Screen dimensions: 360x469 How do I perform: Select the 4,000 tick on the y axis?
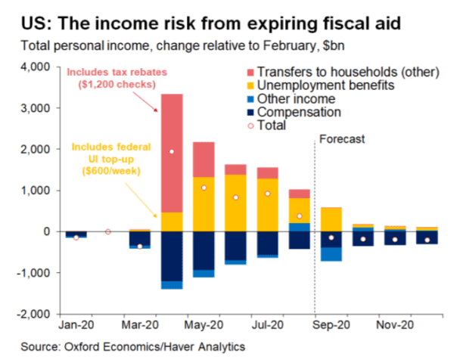coord(36,67)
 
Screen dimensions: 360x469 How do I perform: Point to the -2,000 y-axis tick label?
coord(34,313)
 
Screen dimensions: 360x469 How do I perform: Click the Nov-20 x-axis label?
coord(396,327)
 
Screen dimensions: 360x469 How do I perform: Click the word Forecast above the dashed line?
coord(342,139)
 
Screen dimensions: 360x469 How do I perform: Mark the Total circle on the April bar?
coord(172,152)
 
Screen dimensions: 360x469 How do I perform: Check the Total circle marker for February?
coord(108,231)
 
